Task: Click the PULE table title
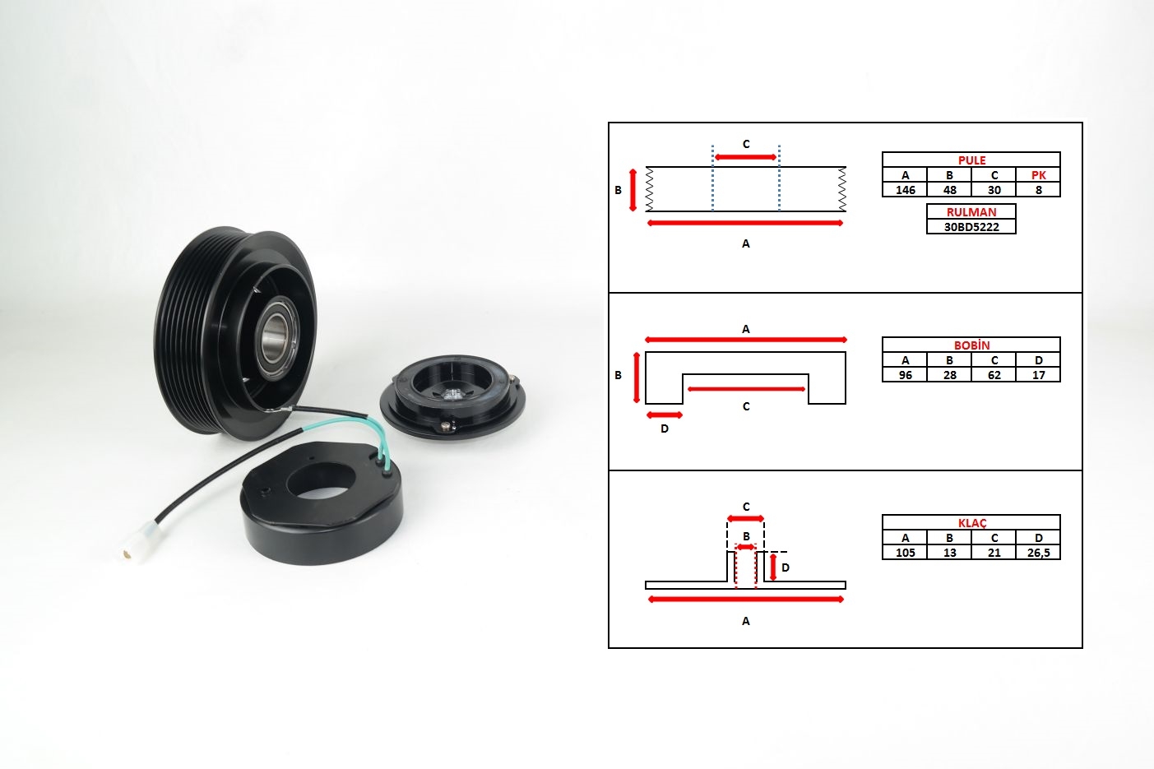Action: tap(971, 160)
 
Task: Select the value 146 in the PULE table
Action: tap(905, 190)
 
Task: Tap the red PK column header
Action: tap(1039, 175)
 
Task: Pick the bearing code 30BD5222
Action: tap(971, 227)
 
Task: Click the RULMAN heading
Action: tap(971, 211)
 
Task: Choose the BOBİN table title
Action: tap(971, 345)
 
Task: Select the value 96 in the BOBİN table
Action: tap(905, 375)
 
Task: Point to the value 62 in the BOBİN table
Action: tap(994, 375)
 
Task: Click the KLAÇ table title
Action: tap(971, 523)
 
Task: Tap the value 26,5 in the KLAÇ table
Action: tap(1039, 553)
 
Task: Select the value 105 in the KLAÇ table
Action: tap(905, 553)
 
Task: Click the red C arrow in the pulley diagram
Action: tap(745, 157)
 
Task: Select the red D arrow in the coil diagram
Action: tap(665, 415)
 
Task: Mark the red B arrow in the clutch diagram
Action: tap(745, 547)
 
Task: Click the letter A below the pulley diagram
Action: tap(745, 243)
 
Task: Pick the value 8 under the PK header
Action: tap(1039, 190)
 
